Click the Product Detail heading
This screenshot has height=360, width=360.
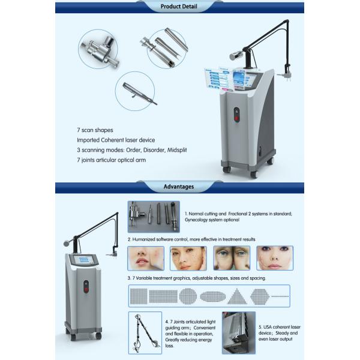[179, 7]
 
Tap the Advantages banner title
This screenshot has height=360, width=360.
[179, 187]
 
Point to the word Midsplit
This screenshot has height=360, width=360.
[174, 150]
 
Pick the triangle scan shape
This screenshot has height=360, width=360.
[235, 296]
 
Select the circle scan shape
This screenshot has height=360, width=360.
[187, 296]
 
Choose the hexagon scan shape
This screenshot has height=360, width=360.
[259, 296]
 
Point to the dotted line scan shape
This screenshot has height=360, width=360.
[280, 296]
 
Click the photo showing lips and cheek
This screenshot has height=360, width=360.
[145, 257]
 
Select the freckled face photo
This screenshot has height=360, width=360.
[188, 257]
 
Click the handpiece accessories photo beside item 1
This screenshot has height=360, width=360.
[153, 217]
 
